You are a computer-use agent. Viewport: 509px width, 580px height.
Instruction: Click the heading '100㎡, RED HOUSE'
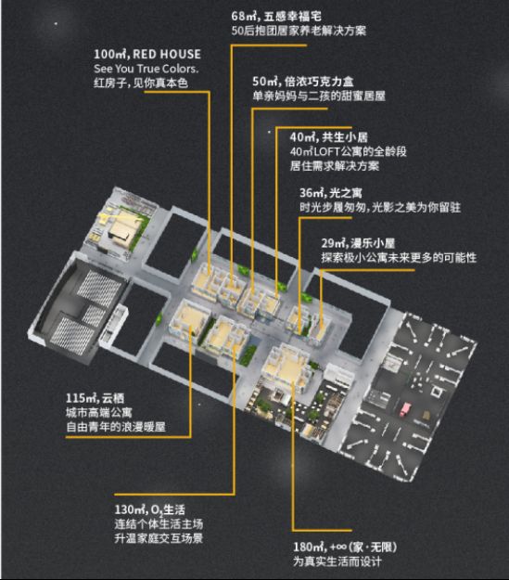147,55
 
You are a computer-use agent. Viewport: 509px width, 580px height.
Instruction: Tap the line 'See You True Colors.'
146,69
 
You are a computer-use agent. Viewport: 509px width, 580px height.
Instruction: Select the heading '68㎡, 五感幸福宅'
276,17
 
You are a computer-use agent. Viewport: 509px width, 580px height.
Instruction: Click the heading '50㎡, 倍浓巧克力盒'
303,82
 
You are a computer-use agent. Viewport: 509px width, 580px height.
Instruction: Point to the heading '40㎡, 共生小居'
328,137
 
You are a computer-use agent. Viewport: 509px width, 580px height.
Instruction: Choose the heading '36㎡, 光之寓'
331,193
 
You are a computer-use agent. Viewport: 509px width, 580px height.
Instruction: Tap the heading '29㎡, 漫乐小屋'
358,243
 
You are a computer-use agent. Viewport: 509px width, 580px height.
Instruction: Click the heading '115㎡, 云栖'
95,398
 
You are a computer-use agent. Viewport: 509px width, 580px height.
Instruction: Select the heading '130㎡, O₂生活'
149,509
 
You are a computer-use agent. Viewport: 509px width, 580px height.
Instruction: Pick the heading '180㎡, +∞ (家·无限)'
345,548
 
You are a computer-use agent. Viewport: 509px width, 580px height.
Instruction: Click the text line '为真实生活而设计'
337,561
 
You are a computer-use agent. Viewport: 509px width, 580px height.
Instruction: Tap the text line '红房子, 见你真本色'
141,83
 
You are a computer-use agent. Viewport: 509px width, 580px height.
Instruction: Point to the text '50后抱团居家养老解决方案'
299,31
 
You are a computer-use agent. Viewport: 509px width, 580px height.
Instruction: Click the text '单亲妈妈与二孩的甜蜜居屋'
319,97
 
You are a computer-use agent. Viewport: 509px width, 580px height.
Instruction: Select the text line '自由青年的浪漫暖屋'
116,427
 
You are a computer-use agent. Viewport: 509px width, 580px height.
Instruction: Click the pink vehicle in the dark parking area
406,408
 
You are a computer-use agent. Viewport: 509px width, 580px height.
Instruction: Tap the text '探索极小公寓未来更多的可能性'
399,258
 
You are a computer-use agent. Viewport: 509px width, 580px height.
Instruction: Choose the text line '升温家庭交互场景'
159,538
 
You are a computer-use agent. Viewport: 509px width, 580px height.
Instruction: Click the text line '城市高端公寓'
98,413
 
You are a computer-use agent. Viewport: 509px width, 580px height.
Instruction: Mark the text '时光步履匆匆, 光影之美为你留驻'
380,208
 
